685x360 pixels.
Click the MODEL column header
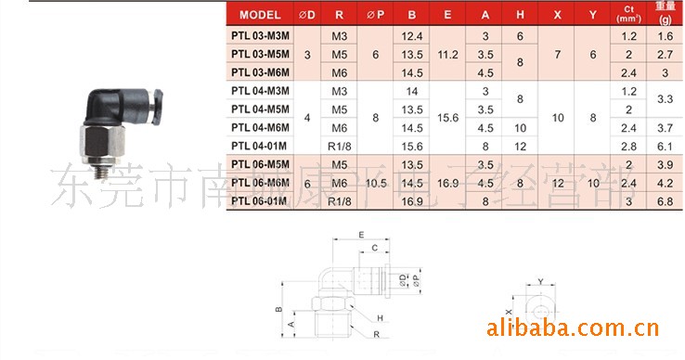260,15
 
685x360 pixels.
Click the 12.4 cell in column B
411,35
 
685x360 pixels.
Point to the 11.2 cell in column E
447,54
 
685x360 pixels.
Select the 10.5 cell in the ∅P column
376,183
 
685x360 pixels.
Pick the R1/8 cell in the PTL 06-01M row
339,201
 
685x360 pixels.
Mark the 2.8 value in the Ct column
628,146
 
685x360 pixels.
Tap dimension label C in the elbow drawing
373,249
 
